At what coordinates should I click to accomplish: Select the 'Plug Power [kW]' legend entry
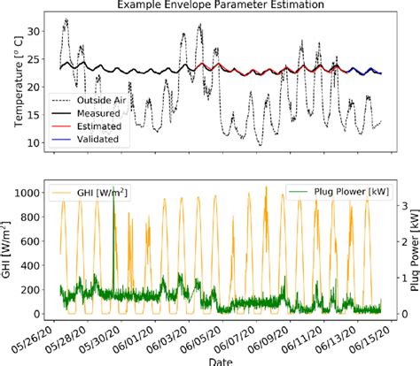click(x=337, y=194)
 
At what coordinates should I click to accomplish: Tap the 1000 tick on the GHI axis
click(x=31, y=192)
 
